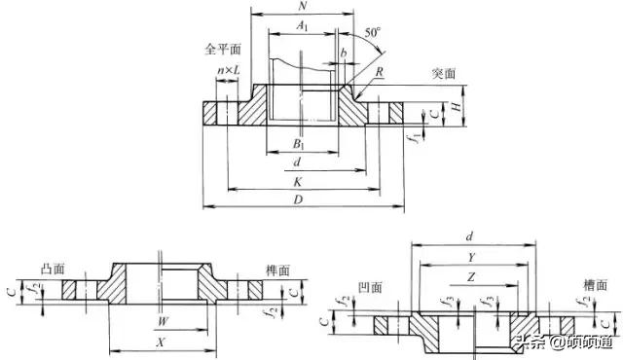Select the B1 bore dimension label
pos(300,145)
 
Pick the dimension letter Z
pos(472,277)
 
